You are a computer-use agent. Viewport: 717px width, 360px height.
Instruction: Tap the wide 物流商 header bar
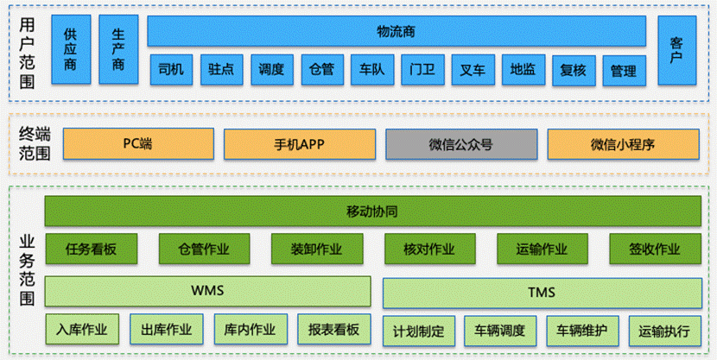[397, 31]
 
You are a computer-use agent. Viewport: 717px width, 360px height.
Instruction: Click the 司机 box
[172, 70]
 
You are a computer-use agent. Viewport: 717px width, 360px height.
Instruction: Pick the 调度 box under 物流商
[272, 70]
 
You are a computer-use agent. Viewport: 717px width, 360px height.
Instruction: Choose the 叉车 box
[473, 70]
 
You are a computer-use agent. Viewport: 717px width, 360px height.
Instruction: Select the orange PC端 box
[137, 144]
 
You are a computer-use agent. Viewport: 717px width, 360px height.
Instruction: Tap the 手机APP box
[299, 144]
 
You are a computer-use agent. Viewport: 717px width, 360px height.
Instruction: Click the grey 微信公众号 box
[460, 144]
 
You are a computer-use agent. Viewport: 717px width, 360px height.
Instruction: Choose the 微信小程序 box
[622, 144]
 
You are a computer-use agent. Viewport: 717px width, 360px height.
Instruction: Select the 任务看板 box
[91, 249]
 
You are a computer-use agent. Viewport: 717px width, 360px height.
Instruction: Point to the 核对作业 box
[428, 249]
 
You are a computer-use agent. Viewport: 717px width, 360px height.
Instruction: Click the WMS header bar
[207, 290]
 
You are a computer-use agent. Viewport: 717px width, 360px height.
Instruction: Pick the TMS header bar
[542, 291]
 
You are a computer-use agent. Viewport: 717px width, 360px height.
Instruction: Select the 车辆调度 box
[499, 330]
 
